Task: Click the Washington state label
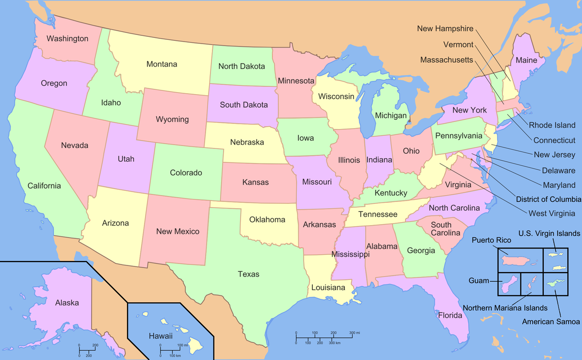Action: tap(67, 38)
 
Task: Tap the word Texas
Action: tap(248, 274)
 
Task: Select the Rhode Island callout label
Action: tap(552, 125)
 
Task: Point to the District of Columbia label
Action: tap(549, 199)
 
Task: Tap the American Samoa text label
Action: tap(551, 322)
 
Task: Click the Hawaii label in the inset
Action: tap(161, 336)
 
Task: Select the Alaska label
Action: tap(67, 302)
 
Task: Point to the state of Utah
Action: tap(126, 159)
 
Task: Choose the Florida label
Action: tap(450, 315)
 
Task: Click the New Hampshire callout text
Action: tap(445, 29)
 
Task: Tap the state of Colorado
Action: tap(186, 172)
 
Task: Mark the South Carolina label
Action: tap(445, 229)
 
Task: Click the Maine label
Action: tap(526, 60)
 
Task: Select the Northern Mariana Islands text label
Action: tap(505, 308)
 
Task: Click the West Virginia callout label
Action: tap(552, 213)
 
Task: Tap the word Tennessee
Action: tap(378, 214)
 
